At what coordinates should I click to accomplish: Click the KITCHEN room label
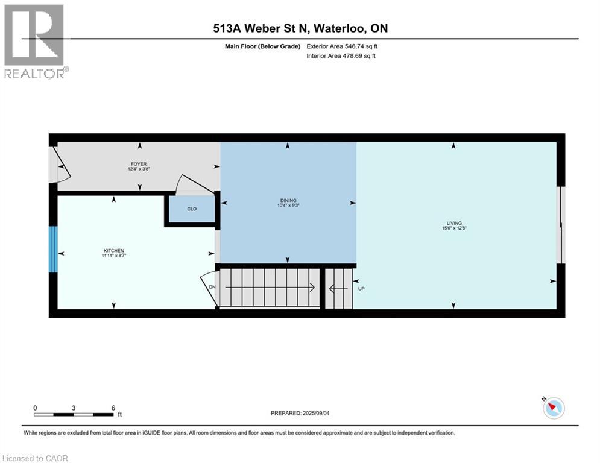coord(113,250)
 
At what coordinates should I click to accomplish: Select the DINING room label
coord(288,201)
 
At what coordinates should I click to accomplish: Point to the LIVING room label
coord(453,224)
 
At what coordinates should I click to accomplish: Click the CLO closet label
coord(191,209)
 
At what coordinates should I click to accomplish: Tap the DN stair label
coord(212,287)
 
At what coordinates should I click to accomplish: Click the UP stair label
coord(362,288)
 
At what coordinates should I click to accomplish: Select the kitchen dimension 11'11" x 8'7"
coord(113,256)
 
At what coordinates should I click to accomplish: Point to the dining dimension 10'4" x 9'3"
coord(288,206)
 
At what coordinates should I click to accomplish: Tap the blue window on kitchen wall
coord(53,249)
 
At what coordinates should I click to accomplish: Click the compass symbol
coord(553,408)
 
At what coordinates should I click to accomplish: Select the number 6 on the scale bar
coord(113,408)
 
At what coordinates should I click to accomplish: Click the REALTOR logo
coord(35,41)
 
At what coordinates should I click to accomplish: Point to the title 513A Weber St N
coord(300,29)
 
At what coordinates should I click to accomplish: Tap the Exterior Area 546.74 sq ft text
coord(343,46)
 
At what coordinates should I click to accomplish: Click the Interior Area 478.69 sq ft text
coord(342,56)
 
